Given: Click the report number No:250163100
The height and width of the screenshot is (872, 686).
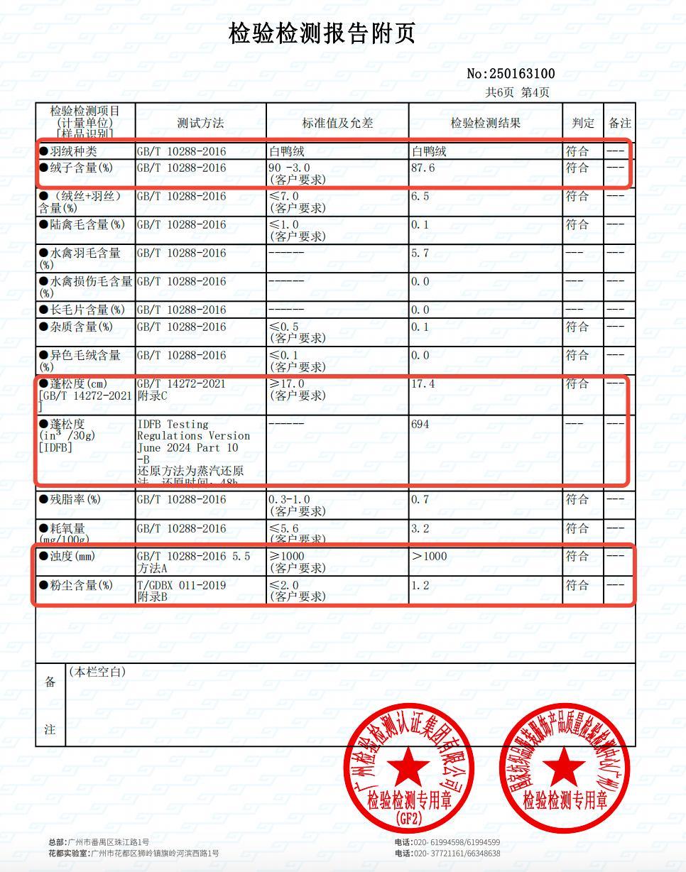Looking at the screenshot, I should coord(511,74).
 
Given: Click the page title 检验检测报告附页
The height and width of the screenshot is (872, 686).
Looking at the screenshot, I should coord(322,33).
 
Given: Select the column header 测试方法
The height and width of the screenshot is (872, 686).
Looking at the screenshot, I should coord(200,123).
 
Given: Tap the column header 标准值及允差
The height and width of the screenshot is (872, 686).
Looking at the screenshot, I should coord(337,123).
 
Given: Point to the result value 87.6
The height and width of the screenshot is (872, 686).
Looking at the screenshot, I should coord(423,168).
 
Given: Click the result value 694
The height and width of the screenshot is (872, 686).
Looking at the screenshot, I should coord(420,424).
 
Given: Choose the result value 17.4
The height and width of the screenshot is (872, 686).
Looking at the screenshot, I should coord(423,384).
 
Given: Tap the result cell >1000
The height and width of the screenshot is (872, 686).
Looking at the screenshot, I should coord(429,557).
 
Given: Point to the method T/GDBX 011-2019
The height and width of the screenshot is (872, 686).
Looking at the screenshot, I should coord(182,585).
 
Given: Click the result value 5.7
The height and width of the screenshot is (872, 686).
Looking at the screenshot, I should coord(420,254).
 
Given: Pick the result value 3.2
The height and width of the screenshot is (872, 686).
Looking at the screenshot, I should coord(420,529).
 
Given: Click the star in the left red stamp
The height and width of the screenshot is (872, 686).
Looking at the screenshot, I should coord(408,767).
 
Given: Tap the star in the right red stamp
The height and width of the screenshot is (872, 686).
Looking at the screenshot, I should coord(565,767).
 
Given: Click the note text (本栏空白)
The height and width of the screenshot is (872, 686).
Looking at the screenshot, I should coord(97,671).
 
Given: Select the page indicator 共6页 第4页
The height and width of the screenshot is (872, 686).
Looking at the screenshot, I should coord(517,92).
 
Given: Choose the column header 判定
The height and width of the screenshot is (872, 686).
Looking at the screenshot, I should coord(583,123).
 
